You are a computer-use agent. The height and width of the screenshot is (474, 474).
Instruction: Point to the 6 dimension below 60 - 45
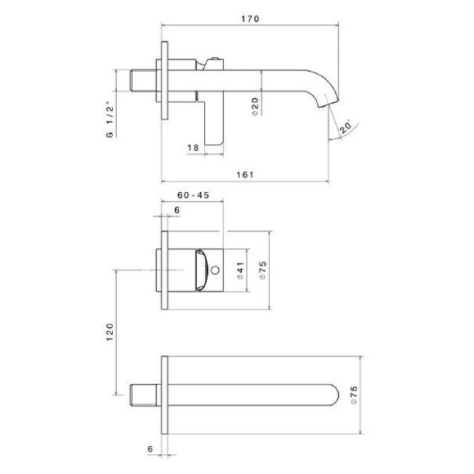coord(176,211)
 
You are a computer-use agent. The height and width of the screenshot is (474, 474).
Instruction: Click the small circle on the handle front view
coord(215,268)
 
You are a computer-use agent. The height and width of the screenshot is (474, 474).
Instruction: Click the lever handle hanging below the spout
coord(214,123)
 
